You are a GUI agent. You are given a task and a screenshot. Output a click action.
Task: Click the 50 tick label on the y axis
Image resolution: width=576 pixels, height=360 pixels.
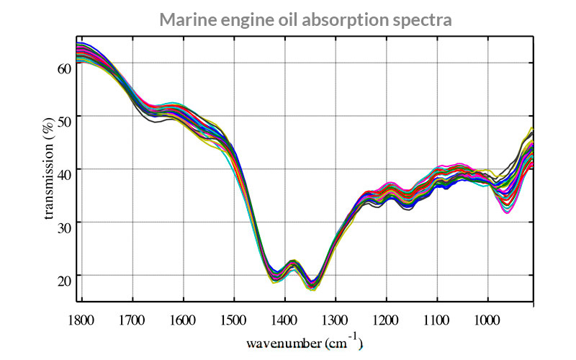[x=63, y=117]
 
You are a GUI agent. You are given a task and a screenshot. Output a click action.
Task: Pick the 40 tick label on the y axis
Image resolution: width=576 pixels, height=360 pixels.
[x=63, y=169]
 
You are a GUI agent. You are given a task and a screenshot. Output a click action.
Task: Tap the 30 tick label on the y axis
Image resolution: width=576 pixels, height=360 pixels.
[x=63, y=222]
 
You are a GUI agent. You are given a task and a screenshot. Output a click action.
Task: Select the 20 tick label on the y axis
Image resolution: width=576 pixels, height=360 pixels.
[x=63, y=276]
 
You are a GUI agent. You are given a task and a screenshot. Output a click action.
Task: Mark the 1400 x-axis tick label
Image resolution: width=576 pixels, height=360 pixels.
[x=284, y=316]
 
